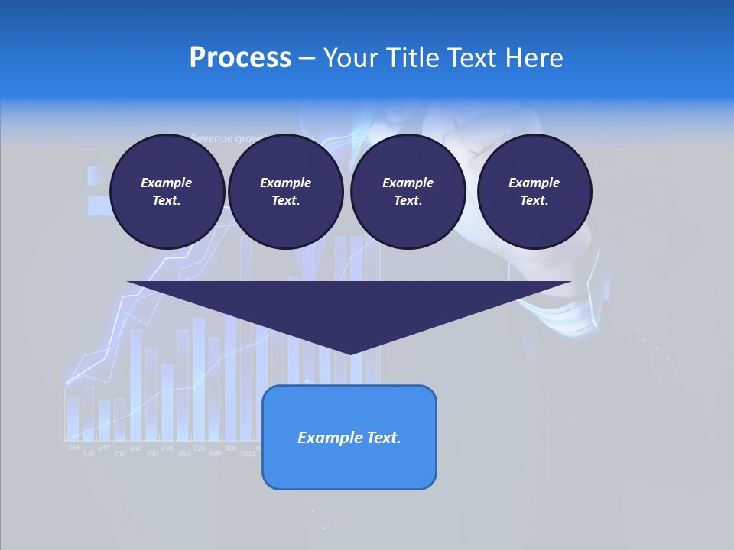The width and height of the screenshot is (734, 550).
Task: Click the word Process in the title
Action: pyautogui.click(x=240, y=58)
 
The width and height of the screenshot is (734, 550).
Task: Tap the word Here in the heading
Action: pyautogui.click(x=533, y=58)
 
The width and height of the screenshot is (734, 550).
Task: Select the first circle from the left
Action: pyautogui.click(x=167, y=192)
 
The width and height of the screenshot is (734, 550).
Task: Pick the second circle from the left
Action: pyautogui.click(x=285, y=192)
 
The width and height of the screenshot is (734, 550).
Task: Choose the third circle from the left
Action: pyautogui.click(x=408, y=192)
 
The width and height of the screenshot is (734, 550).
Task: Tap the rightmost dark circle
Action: pyautogui.click(x=534, y=192)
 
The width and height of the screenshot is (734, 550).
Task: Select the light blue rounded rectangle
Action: pyautogui.click(x=349, y=437)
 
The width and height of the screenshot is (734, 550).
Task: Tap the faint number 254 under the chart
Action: pyautogui.click(x=73, y=447)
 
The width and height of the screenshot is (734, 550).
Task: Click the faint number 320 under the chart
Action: pyautogui.click(x=89, y=454)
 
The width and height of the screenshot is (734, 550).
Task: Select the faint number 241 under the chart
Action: pyautogui.click(x=104, y=447)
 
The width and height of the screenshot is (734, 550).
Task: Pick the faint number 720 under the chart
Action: pyautogui.click(x=200, y=448)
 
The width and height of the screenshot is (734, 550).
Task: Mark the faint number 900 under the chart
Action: pyautogui.click(x=231, y=448)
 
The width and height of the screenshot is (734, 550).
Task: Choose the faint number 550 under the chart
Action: pyautogui.click(x=152, y=454)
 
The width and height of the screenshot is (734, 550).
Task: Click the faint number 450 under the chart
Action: pyautogui.click(x=167, y=448)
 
